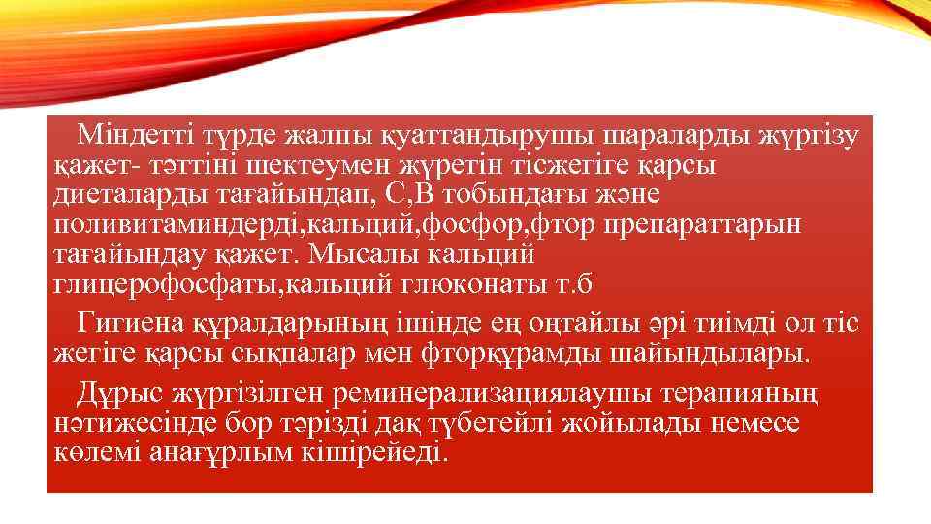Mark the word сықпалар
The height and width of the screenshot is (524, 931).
point(287,349)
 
